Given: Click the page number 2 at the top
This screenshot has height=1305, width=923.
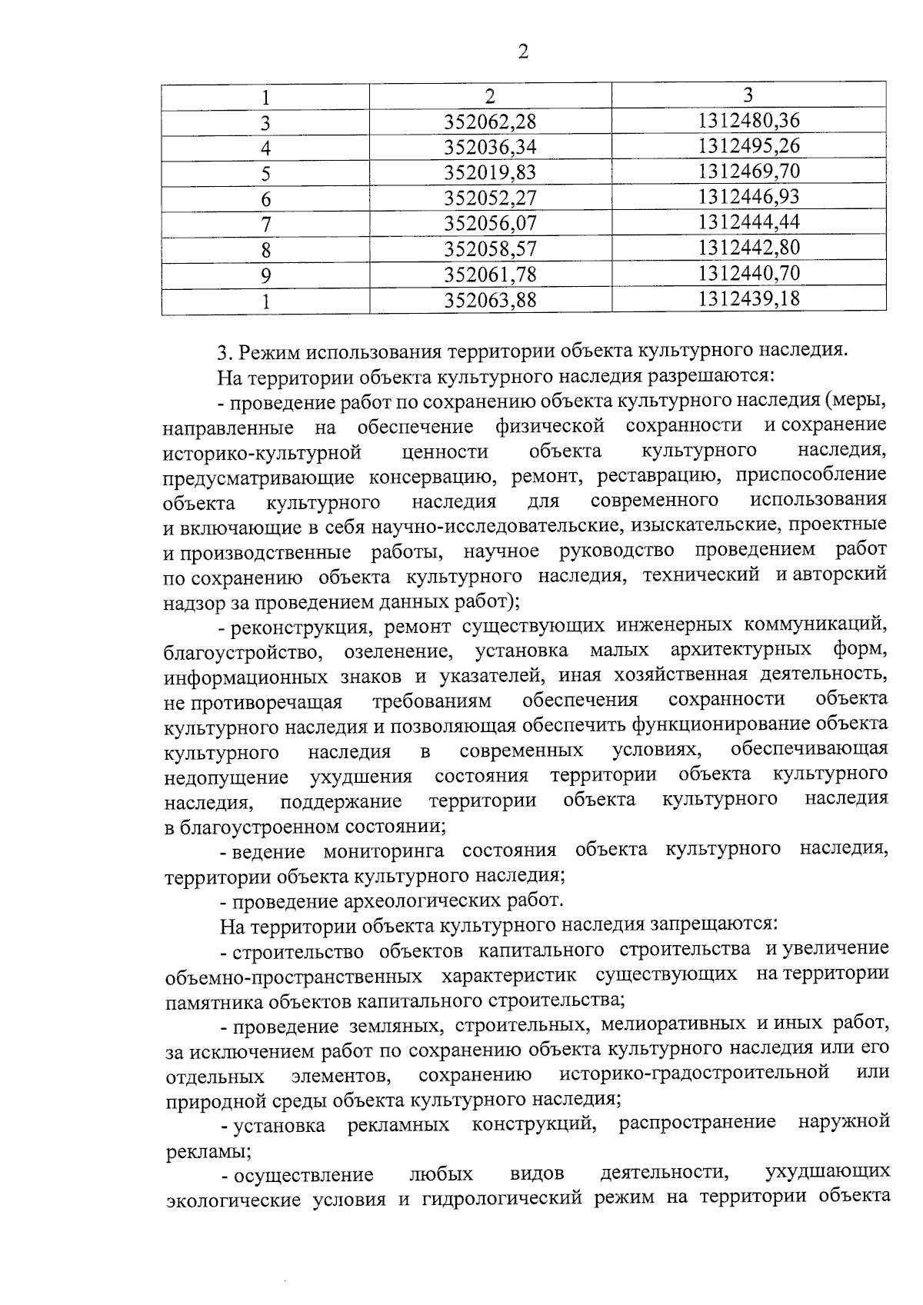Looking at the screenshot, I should pyautogui.click(x=523, y=52).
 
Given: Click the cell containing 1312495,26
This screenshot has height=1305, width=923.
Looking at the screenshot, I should pyautogui.click(x=748, y=145).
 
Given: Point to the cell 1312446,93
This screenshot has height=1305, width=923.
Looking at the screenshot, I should pyautogui.click(x=748, y=196).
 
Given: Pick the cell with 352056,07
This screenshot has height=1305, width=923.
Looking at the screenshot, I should pyautogui.click(x=490, y=223).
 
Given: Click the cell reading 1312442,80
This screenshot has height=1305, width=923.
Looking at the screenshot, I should pyautogui.click(x=748, y=247).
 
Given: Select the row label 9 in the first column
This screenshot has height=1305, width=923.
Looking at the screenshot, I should pyautogui.click(x=265, y=275).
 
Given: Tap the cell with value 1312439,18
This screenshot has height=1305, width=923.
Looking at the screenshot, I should pyautogui.click(x=748, y=298).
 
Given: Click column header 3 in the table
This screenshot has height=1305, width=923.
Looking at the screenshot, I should pyautogui.click(x=748, y=95).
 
